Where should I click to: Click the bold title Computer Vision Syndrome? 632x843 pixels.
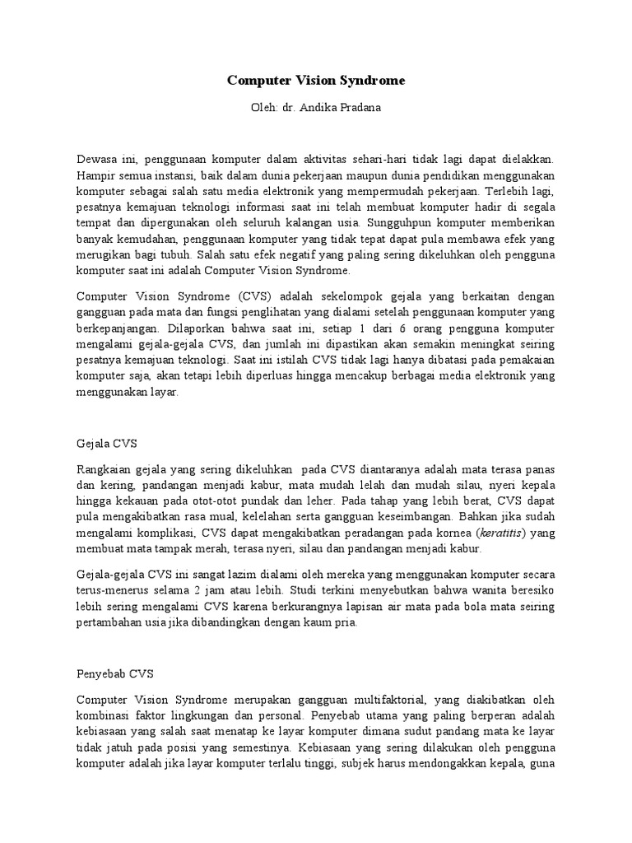point(316,81)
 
